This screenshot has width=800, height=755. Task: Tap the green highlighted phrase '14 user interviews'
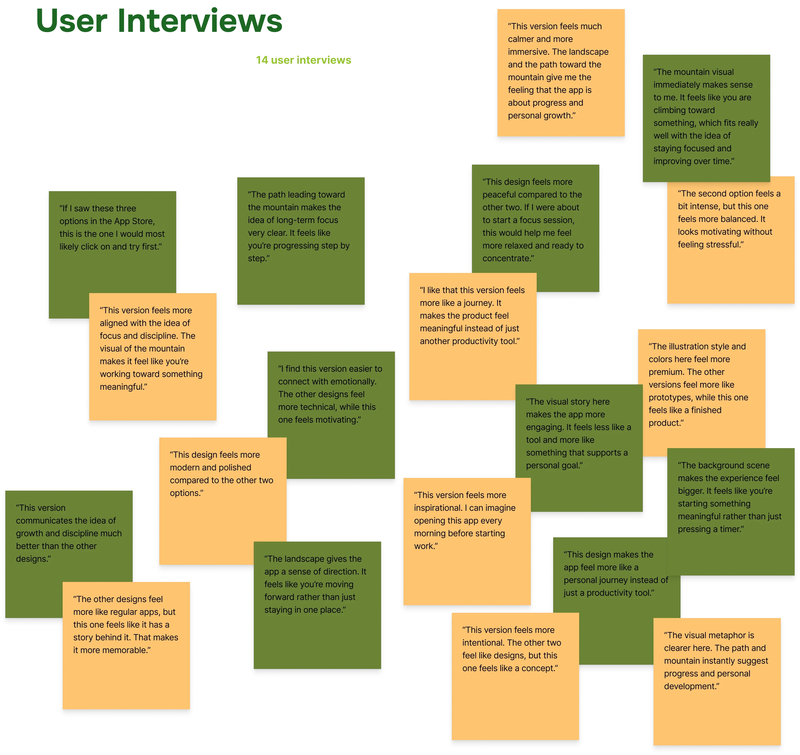[304, 60]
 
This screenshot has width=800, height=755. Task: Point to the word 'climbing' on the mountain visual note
[673, 110]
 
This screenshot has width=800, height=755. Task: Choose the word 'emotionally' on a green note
[355, 381]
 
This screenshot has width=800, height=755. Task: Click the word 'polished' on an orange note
[234, 468]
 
